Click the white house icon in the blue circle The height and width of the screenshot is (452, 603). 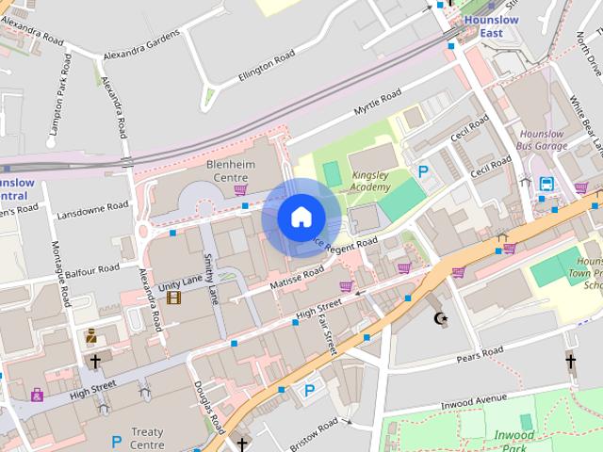coord(301,217)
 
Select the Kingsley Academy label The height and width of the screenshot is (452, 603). coord(369,181)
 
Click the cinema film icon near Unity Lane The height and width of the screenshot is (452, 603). coord(173,298)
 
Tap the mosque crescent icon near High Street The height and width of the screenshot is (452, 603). coord(439,318)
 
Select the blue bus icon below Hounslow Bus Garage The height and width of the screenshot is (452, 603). coord(546,184)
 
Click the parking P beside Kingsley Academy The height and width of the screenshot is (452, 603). coord(424,172)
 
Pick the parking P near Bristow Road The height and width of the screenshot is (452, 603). coord(308,390)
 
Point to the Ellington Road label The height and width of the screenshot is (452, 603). coord(267,65)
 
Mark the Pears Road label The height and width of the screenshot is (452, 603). coord(481,355)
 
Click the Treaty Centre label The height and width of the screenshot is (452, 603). coord(147,438)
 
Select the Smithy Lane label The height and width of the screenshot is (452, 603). coord(211,279)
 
